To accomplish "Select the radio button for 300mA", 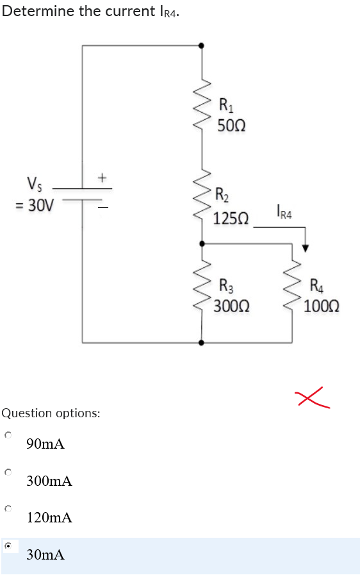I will pyautogui.click(x=7, y=472).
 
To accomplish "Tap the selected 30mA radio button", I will pyautogui.click(x=8, y=546).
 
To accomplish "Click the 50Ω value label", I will pyautogui.click(x=230, y=125).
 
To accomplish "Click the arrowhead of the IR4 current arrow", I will pyautogui.click(x=306, y=248).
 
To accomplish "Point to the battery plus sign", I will pyautogui.click(x=101, y=175).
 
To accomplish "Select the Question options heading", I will pyautogui.click(x=51, y=413).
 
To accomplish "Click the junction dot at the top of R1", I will pyautogui.click(x=202, y=46).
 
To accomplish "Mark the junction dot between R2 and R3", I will pyautogui.click(x=202, y=244).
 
